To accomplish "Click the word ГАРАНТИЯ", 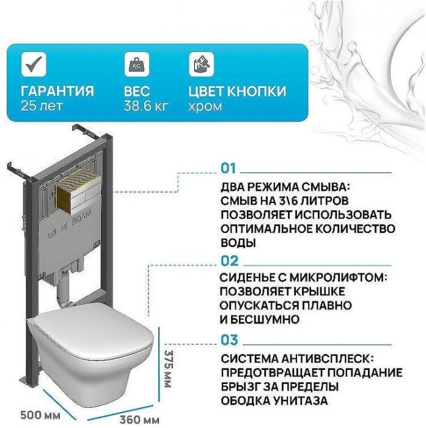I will click(57, 91).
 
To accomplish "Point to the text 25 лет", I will click(41, 106).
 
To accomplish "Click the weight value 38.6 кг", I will click(145, 106).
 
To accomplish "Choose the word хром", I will click(205, 106).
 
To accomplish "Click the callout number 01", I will click(228, 168).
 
